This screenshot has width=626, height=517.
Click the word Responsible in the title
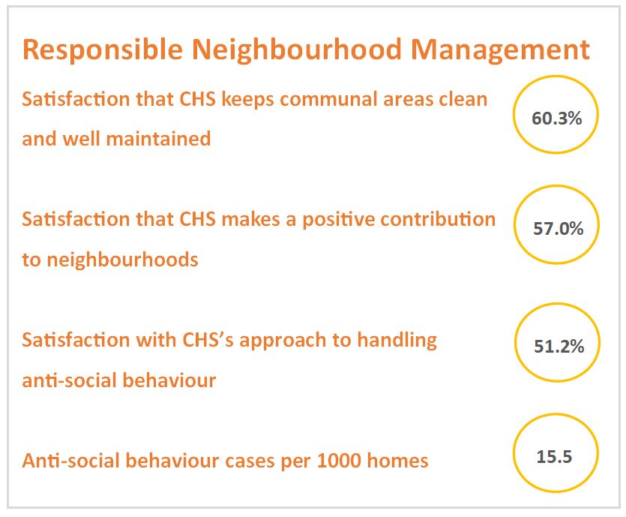tap(103, 51)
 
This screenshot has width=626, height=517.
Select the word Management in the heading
tap(500, 51)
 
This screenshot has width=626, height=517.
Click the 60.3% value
tap(556, 119)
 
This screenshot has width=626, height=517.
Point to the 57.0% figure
tap(558, 229)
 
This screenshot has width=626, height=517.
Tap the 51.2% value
tap(559, 347)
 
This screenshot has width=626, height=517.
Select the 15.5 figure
tap(554, 457)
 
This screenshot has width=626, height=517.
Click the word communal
tap(328, 99)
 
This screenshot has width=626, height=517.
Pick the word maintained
tap(158, 139)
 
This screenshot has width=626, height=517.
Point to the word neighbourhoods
tap(122, 260)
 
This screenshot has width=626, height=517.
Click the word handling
tap(397, 341)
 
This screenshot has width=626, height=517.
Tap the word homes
tap(397, 460)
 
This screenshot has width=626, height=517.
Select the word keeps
tap(248, 100)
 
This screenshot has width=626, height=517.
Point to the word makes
tap(250, 219)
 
